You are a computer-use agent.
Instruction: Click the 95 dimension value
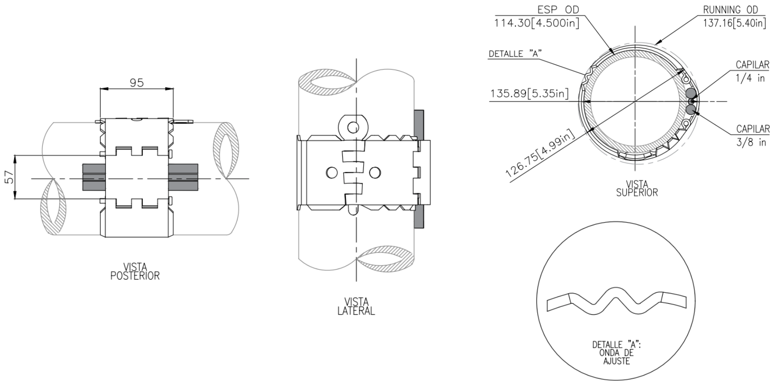(x=136, y=83)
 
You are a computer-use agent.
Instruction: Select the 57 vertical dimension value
(x=10, y=177)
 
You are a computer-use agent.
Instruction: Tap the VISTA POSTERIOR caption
(x=135, y=271)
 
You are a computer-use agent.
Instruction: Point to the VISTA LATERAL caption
(x=356, y=306)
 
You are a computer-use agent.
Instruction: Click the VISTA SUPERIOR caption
(x=637, y=188)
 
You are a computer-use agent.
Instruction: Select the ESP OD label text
(x=558, y=10)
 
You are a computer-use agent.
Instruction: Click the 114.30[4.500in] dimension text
(x=537, y=23)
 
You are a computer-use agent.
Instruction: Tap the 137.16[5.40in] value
(x=735, y=23)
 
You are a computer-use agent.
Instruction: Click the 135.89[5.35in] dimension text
(x=529, y=93)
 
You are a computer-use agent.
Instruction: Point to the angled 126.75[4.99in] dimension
(x=540, y=153)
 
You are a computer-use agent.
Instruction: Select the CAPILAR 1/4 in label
(x=752, y=71)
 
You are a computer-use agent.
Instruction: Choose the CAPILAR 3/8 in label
(x=752, y=135)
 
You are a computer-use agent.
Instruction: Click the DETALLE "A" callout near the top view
(x=515, y=54)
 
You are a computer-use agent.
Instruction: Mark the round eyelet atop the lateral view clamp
(x=353, y=128)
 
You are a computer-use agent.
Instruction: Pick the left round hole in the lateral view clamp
(x=332, y=172)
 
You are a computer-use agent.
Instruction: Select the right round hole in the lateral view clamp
(x=375, y=172)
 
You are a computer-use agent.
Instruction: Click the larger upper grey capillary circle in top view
(x=691, y=93)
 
